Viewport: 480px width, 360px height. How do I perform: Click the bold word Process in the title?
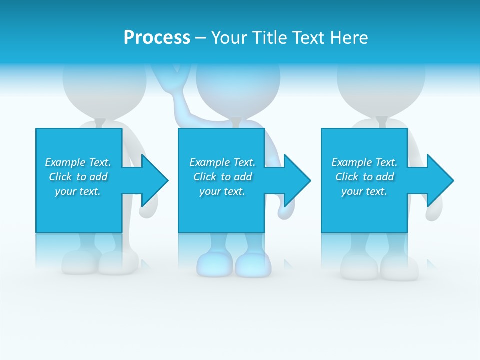pos(157,38)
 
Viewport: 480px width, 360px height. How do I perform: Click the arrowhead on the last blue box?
pos(439,180)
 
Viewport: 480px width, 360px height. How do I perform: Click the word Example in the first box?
pos(65,162)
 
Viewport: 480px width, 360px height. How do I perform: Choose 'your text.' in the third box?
pos(364,191)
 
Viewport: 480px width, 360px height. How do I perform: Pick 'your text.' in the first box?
pos(78,191)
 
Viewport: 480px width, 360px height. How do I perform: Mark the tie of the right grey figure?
pos(381,122)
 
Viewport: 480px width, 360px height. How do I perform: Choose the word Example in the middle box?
pos(209,162)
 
